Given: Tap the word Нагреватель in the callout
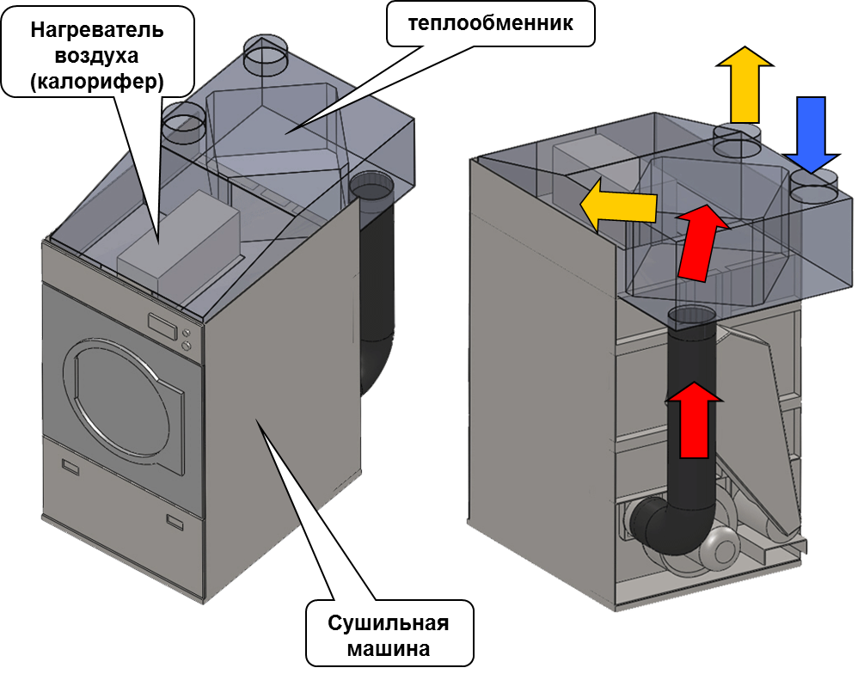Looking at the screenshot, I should pos(97,29).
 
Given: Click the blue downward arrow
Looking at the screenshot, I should pos(812,133).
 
